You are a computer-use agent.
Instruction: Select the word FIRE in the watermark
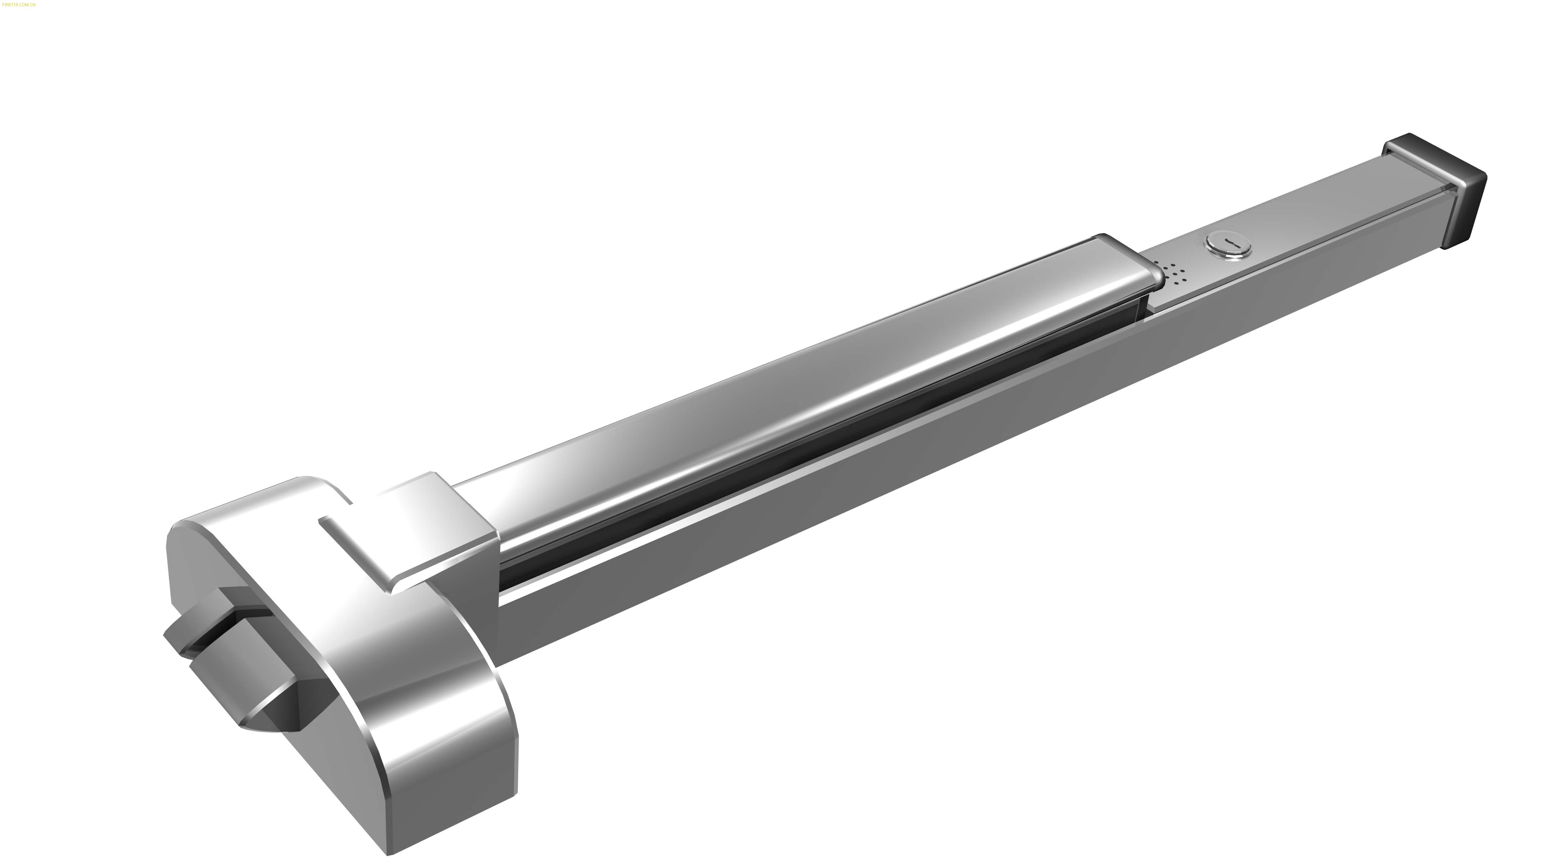7,4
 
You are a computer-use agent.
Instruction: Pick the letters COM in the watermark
25,4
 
